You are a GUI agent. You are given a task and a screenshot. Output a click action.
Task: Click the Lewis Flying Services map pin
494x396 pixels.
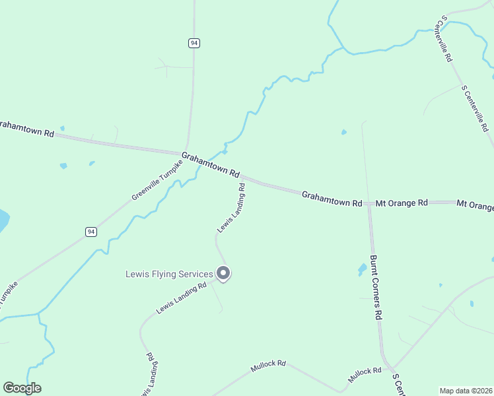[223, 273]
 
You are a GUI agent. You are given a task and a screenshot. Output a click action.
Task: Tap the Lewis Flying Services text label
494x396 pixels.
[169, 274]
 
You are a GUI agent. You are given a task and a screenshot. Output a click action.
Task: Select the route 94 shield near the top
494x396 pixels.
[193, 43]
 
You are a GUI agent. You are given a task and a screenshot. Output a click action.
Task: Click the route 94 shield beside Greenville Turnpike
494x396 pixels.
[91, 232]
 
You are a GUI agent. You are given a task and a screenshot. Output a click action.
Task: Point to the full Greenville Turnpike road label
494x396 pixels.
[156, 179]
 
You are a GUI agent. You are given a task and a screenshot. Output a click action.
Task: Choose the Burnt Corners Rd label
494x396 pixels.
[376, 288]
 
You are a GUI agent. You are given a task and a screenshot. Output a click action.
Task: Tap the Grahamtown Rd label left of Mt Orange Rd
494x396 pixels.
[332, 199]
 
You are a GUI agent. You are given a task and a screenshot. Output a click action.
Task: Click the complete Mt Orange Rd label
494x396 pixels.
[402, 203]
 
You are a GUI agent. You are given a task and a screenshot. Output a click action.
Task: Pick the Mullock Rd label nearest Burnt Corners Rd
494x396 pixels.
[365, 374]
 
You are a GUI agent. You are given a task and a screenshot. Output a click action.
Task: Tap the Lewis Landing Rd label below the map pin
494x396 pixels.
[182, 298]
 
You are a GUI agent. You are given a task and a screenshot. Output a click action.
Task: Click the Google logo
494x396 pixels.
[22, 388]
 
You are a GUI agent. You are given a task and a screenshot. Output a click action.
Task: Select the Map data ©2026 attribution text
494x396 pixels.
[466, 391]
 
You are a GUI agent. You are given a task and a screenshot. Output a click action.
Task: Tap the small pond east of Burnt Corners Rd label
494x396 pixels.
[362, 269]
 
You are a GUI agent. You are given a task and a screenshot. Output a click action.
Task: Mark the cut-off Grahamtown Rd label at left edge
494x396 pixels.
[26, 129]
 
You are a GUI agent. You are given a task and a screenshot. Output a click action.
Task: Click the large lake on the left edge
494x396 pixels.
[3, 220]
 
